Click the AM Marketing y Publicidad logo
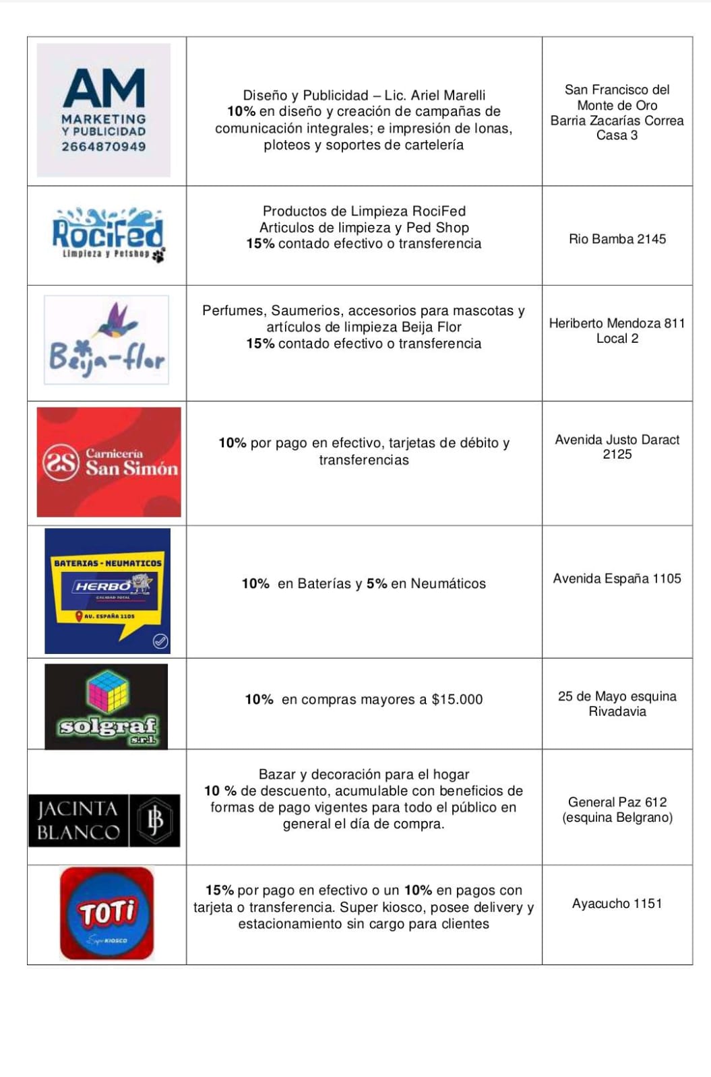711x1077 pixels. pos(104,110)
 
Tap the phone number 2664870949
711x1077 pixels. pos(104,147)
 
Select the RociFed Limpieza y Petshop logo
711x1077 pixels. pos(108,234)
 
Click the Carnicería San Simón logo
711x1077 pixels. pos(109,462)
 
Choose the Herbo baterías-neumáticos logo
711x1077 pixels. pos(108,591)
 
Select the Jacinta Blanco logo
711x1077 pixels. pos(104,820)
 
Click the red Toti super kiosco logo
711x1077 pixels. pos(107,913)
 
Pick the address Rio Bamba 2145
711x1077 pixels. pos(617,239)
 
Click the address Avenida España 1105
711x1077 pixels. pos(617,579)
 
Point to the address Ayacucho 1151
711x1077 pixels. pos(617,904)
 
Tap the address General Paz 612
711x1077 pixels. pos(617,802)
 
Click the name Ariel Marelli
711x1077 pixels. pos(448,96)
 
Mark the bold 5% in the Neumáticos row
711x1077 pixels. pos(377,584)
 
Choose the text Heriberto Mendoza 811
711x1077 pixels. pos(617,323)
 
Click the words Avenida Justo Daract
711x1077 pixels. pos(617,440)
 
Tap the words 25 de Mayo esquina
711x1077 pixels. pos(617,696)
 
